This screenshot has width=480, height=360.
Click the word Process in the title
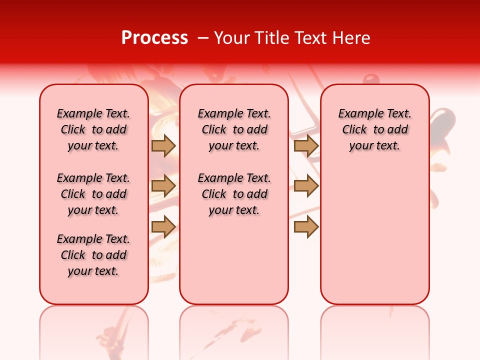pos(154,38)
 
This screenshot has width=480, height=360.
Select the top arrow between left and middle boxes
pos(163,146)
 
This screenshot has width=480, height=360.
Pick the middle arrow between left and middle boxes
pos(163,186)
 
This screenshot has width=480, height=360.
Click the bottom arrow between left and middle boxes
pos(163,226)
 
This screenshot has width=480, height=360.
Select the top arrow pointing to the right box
pos(306,146)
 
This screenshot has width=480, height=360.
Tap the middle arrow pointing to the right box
pos(306,186)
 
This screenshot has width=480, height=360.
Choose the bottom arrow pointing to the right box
pos(306,226)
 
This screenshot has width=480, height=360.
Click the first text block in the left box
pos(93,129)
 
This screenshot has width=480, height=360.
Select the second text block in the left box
pos(93,194)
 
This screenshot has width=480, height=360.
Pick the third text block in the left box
pos(93,255)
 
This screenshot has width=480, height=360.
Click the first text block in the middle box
pos(234,129)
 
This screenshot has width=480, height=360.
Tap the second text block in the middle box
pos(234,194)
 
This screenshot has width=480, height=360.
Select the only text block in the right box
pos(375,129)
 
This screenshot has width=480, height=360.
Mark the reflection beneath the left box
pos(94,330)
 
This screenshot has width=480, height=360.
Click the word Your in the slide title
pos(229,38)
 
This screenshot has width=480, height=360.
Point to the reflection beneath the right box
pos(375,330)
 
